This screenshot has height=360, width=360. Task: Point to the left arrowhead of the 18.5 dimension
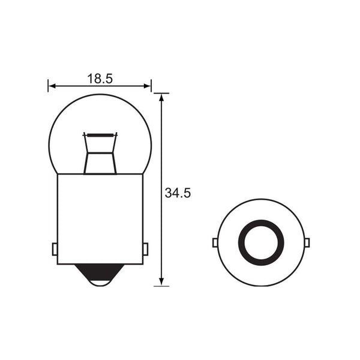coord(52,86)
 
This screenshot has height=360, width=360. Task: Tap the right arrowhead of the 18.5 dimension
coord(148,86)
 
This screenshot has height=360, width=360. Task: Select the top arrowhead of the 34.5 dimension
coord(161,97)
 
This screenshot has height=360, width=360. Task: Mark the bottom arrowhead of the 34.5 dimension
coord(161,281)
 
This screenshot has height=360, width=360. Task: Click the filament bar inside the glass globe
coord(100,134)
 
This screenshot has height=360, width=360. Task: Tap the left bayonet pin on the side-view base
coord(55,248)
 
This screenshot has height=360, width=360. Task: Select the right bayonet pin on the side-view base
coord(145,248)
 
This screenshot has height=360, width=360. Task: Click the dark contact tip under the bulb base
coord(100,280)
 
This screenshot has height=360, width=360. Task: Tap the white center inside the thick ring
coord(261,242)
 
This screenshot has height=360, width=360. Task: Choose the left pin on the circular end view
coord(215,242)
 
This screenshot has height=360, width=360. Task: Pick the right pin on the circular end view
coord(307,242)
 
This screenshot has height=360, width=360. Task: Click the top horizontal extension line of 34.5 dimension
coord(161,93)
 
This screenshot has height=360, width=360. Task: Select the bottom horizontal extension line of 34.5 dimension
coord(161,286)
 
